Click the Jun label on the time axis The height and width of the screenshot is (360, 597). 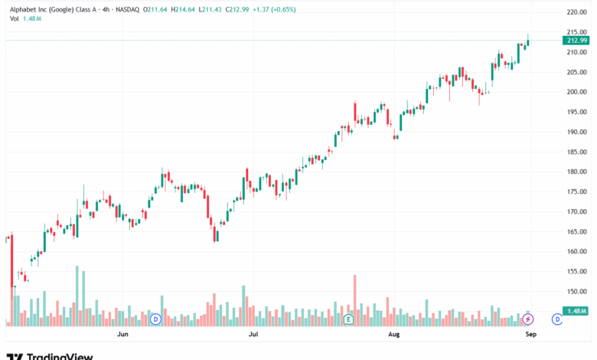(122, 335)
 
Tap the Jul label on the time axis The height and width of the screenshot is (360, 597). (252, 335)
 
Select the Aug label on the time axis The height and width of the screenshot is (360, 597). (394, 335)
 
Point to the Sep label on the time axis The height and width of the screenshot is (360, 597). (529, 335)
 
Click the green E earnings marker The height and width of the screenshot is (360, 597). (348, 319)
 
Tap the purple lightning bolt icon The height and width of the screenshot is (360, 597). (528, 319)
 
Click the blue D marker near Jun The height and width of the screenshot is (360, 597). (155, 319)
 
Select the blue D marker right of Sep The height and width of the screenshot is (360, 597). (557, 319)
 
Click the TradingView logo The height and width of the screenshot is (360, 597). (50, 355)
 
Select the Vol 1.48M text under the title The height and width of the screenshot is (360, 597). (27, 19)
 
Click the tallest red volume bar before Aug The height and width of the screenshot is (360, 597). (355, 299)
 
